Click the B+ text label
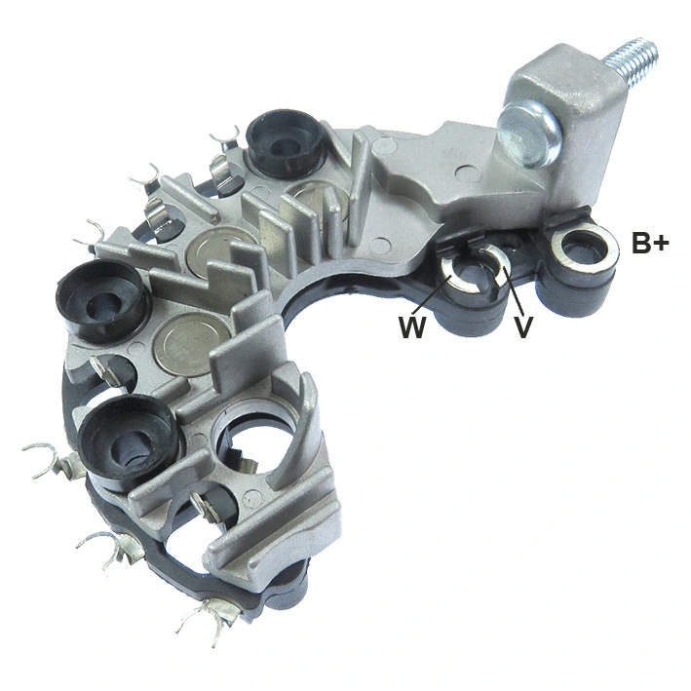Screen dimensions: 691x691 point(650,244)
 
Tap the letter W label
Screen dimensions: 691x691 point(411,327)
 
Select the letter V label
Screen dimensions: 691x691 point(523,327)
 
